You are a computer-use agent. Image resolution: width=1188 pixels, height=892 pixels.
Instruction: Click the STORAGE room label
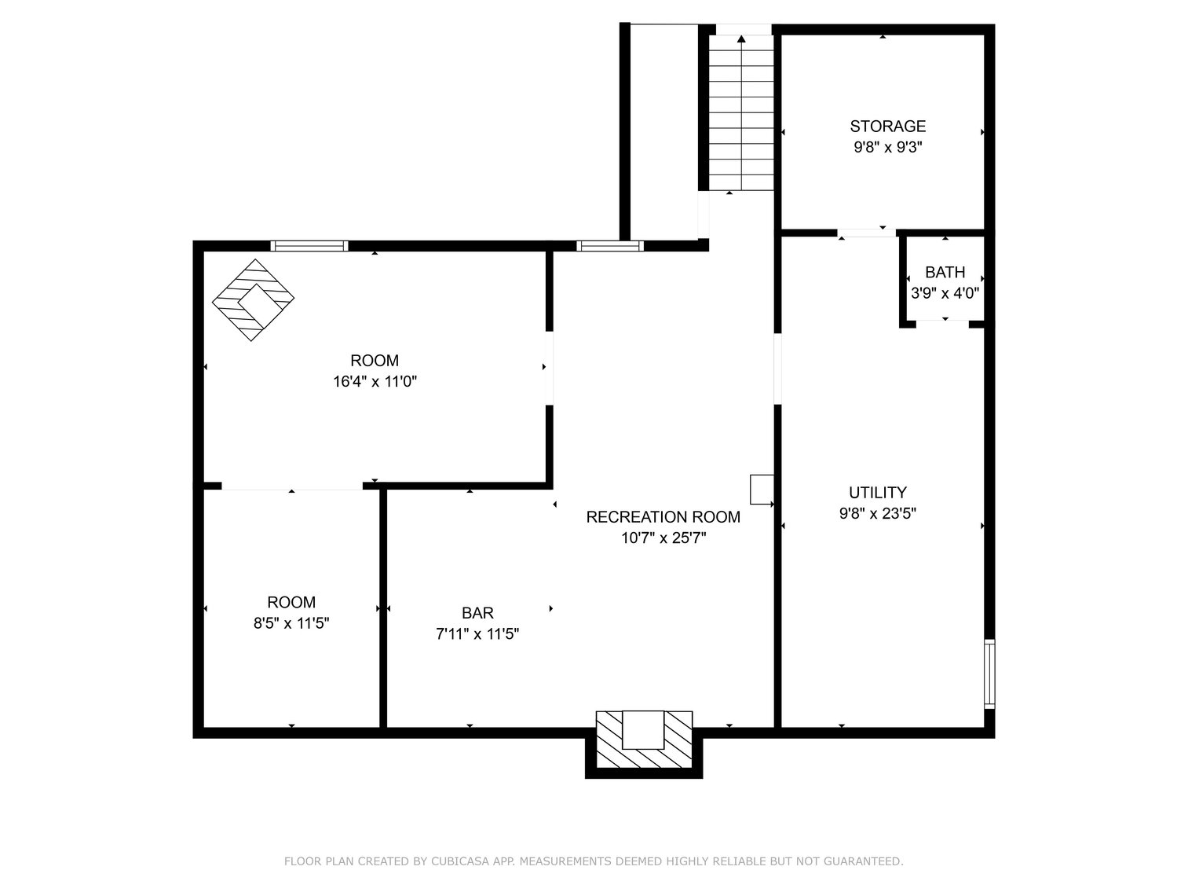pyautogui.click(x=887, y=126)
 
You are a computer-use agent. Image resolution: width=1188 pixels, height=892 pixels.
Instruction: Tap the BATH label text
pyautogui.click(x=945, y=273)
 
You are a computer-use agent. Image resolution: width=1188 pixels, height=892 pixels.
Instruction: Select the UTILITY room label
pyautogui.click(x=877, y=493)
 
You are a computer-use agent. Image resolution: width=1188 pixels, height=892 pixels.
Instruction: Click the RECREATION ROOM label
pyautogui.click(x=663, y=517)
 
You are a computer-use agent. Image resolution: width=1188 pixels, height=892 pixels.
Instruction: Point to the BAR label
pyautogui.click(x=477, y=613)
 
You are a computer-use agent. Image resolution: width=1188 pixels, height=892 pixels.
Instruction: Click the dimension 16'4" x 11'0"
pyautogui.click(x=375, y=382)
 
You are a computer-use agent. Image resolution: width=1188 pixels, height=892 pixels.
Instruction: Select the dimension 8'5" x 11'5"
pyautogui.click(x=291, y=623)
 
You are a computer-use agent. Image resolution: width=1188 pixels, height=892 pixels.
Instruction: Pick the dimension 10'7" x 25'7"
pyautogui.click(x=663, y=538)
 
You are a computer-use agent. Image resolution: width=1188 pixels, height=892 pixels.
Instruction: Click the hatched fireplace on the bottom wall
pyautogui.click(x=644, y=740)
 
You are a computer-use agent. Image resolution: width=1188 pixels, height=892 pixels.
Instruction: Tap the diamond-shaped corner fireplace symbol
pyautogui.click(x=254, y=300)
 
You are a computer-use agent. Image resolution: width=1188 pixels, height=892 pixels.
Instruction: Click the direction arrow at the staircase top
pyautogui.click(x=741, y=38)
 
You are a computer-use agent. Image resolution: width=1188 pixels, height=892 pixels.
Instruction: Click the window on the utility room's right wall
pyautogui.click(x=989, y=674)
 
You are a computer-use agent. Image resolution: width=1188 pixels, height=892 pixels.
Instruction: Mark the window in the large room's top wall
pyautogui.click(x=309, y=246)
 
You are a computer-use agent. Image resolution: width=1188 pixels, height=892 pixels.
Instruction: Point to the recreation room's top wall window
pyautogui.click(x=609, y=246)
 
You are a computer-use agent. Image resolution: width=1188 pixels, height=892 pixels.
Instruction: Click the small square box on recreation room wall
pyautogui.click(x=761, y=489)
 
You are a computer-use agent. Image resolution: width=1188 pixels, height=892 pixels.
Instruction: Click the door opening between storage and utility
pyautogui.click(x=866, y=233)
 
